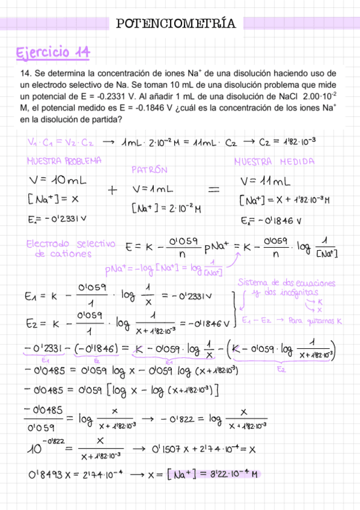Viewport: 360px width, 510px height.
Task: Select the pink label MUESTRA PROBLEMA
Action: coord(64,161)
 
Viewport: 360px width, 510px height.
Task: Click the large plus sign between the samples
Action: coord(112,190)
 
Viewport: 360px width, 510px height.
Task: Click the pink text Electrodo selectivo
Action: coord(70,244)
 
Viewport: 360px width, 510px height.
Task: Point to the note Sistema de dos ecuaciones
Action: coord(287,283)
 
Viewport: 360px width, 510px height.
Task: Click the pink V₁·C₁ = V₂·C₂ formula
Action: coord(61,143)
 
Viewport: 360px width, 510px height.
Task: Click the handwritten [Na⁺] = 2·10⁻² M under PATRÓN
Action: coord(166,209)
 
